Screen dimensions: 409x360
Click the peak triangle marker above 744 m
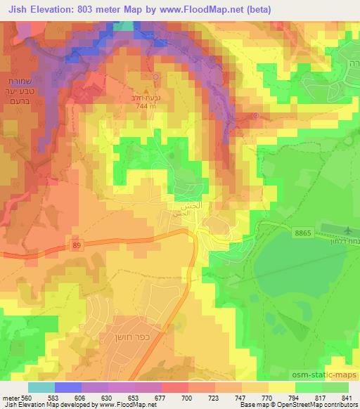pos(147,89)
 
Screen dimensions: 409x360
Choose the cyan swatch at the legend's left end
pos(41,387)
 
